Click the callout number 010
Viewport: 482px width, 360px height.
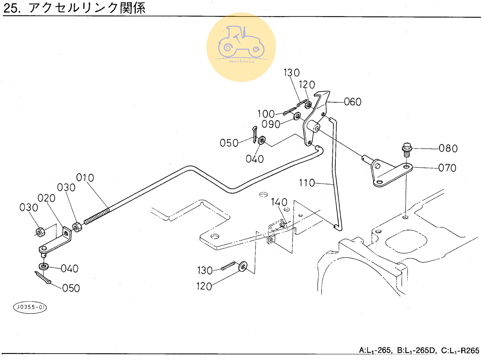tap(85, 178)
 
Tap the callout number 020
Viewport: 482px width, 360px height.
tap(47, 198)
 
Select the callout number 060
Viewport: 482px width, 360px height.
tap(352, 102)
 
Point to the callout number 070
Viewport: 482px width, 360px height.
tap(447, 168)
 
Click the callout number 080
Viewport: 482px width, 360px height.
tap(448, 149)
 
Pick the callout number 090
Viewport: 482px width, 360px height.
tap(271, 124)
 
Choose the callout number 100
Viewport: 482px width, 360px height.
tap(266, 114)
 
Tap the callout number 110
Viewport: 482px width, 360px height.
tap(307, 183)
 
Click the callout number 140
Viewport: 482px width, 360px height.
tap(279, 202)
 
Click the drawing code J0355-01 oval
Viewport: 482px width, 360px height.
tap(30, 307)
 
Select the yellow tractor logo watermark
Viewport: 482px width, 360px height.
tap(241, 47)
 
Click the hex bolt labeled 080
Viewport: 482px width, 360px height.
tap(407, 150)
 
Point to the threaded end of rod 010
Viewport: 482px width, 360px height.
tap(96, 216)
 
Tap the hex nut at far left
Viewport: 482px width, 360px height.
tap(40, 232)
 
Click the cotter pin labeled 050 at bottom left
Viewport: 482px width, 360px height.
tap(43, 278)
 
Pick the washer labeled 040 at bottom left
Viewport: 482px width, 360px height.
tap(43, 265)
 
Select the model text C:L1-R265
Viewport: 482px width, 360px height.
tap(460, 350)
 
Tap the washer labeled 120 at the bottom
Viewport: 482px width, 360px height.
tap(243, 266)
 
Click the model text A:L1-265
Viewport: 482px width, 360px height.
tap(375, 350)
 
